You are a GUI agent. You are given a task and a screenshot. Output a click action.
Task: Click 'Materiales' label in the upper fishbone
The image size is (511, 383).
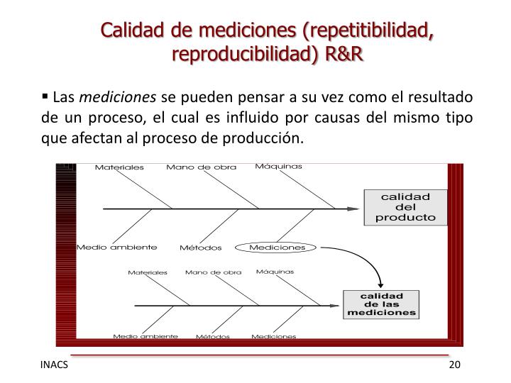tap(119, 168)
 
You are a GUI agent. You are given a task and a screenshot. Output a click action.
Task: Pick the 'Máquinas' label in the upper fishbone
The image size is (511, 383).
tap(278, 167)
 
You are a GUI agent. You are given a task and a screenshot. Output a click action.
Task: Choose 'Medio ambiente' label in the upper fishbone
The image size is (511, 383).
tap(116, 248)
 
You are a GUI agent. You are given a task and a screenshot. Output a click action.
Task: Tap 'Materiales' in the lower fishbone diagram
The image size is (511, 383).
tap(148, 272)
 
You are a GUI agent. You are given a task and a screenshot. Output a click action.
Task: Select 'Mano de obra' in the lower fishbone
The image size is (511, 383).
tap(213, 272)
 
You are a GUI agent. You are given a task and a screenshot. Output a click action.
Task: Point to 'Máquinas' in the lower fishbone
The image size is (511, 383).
tap(275, 271)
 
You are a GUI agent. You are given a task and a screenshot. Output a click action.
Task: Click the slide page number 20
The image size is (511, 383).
tap(455, 365)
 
